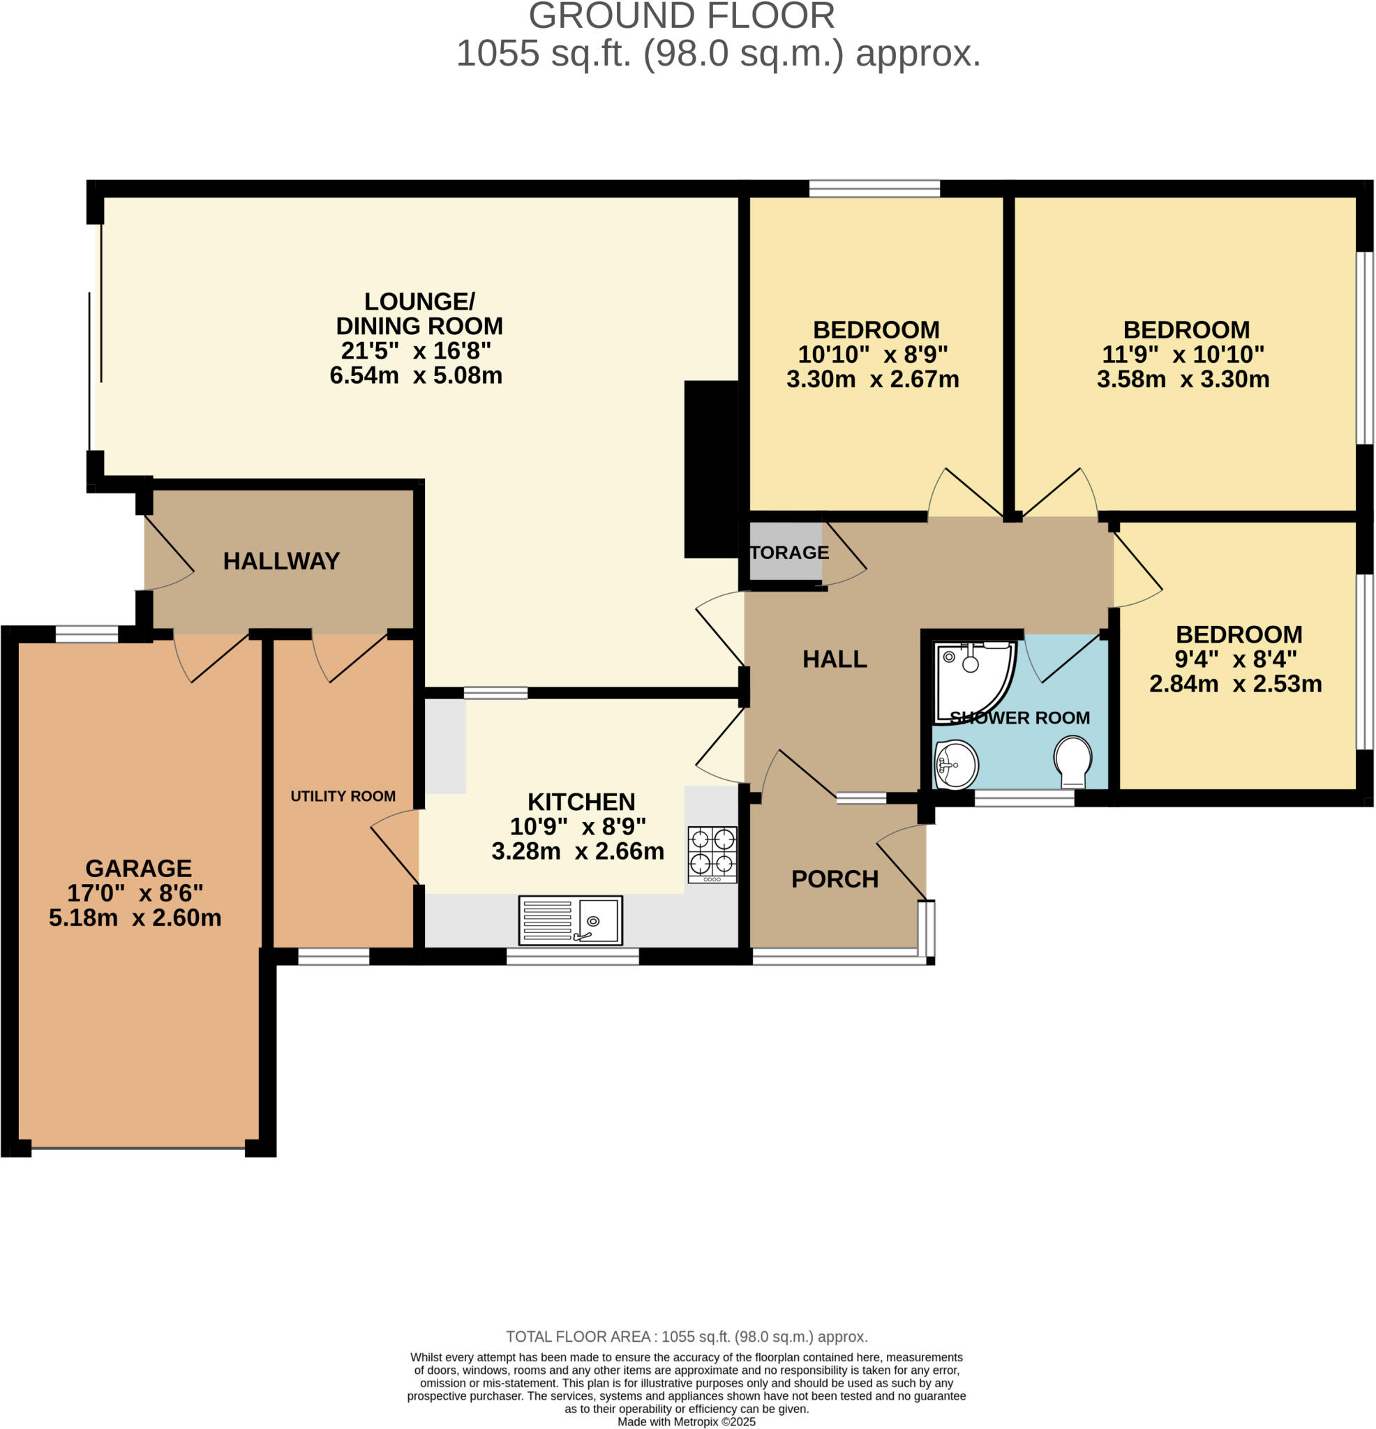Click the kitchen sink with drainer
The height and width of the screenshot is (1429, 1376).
click(x=570, y=920)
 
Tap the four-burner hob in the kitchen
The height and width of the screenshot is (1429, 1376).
click(x=712, y=854)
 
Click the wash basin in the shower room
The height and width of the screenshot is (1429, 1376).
click(x=955, y=765)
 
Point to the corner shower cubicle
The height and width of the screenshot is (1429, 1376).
click(x=971, y=678)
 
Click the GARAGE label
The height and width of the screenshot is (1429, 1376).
click(x=139, y=867)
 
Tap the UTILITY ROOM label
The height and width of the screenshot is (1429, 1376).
click(x=343, y=796)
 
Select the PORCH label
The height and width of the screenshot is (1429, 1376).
click(x=835, y=878)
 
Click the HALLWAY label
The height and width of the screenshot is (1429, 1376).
click(x=281, y=561)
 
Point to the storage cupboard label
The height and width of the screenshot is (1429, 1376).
click(x=789, y=553)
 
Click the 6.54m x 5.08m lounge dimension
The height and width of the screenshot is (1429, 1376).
click(x=416, y=375)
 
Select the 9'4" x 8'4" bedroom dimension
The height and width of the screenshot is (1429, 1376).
click(x=1235, y=659)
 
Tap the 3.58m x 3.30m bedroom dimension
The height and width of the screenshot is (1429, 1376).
click(x=1183, y=379)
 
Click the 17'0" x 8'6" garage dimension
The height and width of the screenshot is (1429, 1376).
click(x=135, y=892)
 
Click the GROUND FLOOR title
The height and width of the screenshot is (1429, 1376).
click(x=681, y=16)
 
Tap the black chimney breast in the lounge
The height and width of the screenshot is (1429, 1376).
click(x=711, y=469)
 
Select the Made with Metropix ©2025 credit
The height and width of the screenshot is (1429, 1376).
click(x=686, y=1422)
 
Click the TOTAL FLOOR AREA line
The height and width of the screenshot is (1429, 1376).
click(x=686, y=1336)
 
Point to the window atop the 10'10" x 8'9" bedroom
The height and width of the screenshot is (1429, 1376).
click(x=874, y=189)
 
